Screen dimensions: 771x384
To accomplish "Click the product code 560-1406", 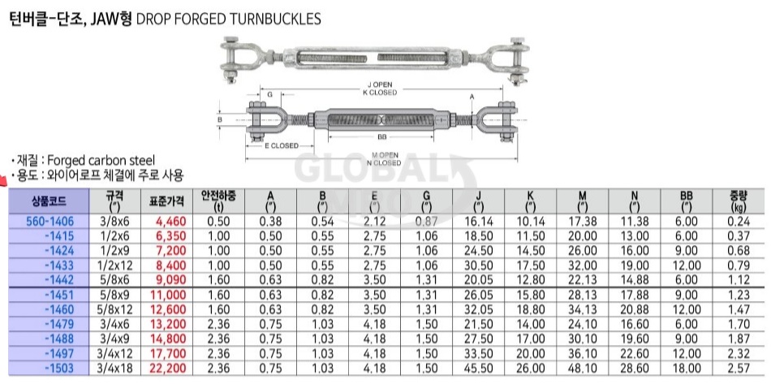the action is tap(50, 222).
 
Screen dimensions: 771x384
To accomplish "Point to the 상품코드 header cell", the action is tap(49, 201).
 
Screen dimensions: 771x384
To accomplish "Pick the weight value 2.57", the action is tap(739, 369).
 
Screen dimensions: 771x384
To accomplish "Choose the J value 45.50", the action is tap(479, 369).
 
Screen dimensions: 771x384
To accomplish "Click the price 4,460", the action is tap(170, 222).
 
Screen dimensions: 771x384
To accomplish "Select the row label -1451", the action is tap(58, 295).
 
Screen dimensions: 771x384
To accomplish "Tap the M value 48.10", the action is tap(583, 369).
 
